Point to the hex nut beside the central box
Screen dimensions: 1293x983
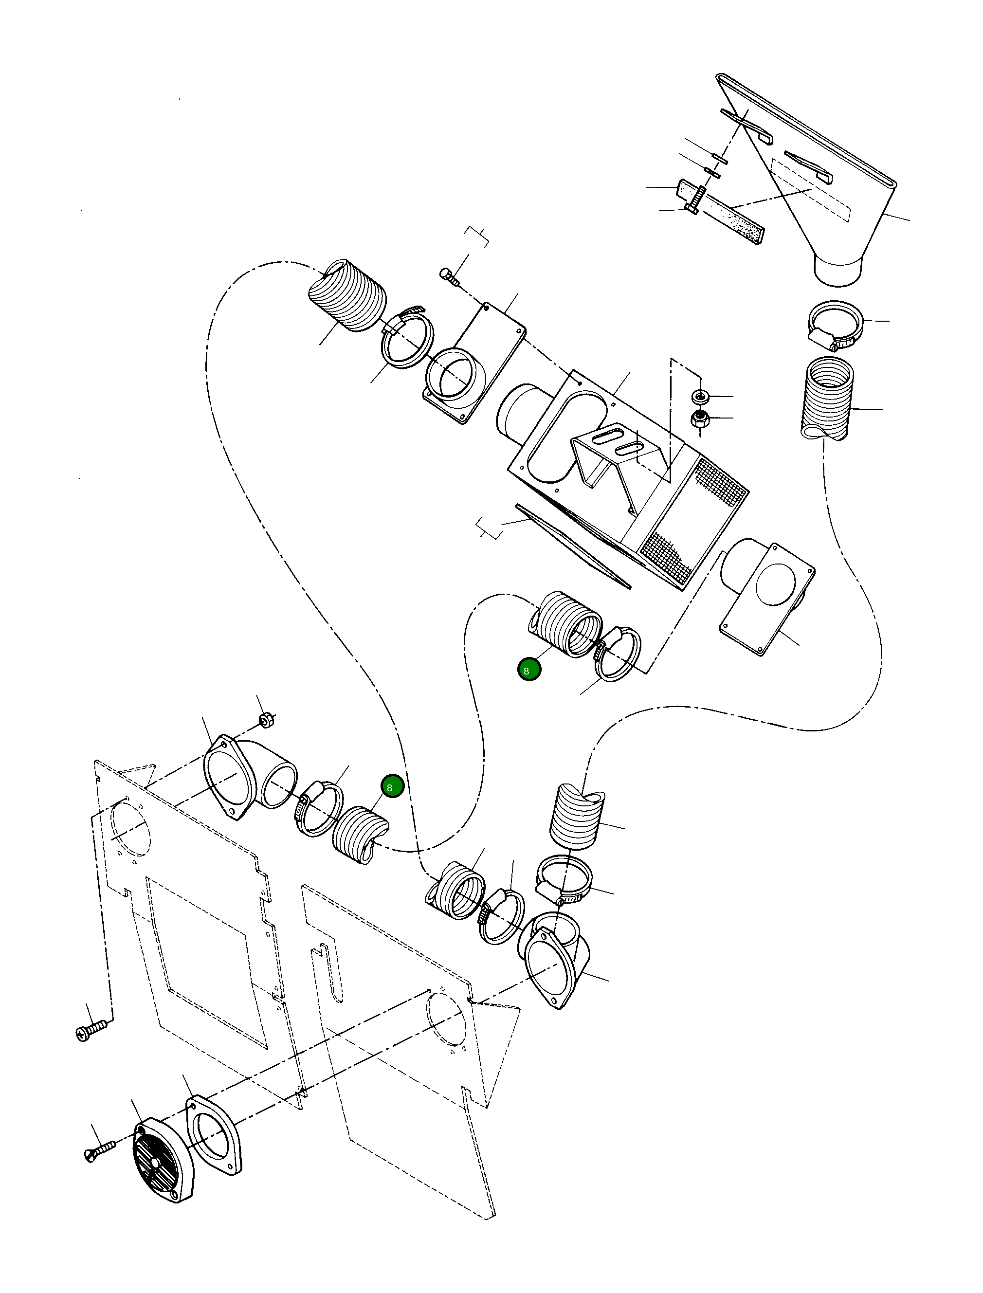tap(700, 419)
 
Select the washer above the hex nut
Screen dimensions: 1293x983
tap(700, 397)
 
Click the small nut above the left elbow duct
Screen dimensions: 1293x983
tap(267, 719)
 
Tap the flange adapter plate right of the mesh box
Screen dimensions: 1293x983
tap(766, 597)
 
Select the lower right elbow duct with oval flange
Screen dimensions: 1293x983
tap(556, 960)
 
